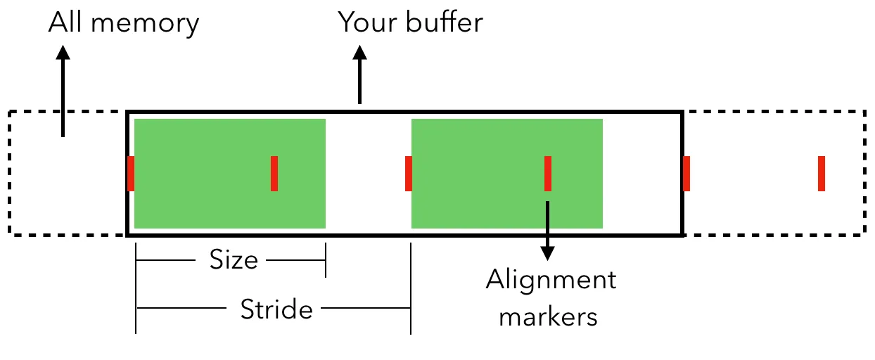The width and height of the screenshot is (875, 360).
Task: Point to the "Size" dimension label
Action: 234,260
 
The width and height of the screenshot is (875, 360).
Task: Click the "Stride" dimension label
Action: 276,309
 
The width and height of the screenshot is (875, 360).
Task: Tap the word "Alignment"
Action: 551,281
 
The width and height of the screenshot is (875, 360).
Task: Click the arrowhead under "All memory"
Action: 63,53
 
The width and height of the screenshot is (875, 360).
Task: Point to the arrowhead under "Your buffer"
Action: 360,53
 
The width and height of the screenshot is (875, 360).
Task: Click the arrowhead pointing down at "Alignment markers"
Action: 547,252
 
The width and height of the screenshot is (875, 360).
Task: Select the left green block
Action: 230,174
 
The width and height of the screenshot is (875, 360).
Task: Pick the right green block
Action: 506,174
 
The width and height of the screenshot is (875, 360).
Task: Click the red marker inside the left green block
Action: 274,174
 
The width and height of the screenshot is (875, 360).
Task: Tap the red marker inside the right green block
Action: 547,174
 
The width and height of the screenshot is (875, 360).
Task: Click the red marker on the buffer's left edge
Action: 131,174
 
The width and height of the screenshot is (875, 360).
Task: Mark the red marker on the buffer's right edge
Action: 686,174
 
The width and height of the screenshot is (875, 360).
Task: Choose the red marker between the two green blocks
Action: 409,174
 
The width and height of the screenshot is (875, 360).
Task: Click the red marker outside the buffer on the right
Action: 821,174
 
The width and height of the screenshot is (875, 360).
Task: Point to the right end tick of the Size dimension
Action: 325,260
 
